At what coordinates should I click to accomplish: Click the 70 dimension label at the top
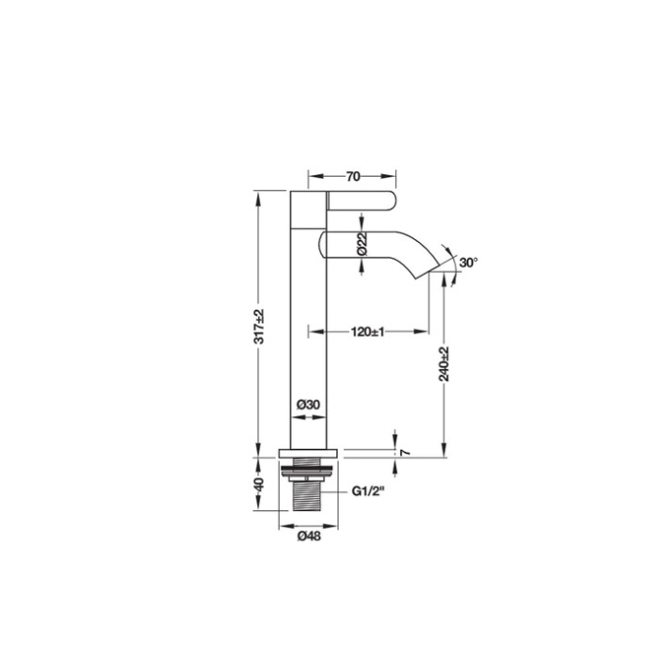(x=353, y=177)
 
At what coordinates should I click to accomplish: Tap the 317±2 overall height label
(x=259, y=326)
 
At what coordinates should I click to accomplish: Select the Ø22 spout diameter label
(x=362, y=244)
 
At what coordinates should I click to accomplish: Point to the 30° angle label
(x=469, y=263)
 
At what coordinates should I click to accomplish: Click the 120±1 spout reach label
(x=368, y=331)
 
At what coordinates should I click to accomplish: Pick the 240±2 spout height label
(x=444, y=364)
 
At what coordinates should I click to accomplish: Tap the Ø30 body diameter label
(x=309, y=405)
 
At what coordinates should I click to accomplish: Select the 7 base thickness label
(x=405, y=453)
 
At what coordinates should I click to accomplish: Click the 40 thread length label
(x=259, y=484)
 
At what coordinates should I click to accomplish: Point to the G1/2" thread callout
(x=369, y=490)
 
